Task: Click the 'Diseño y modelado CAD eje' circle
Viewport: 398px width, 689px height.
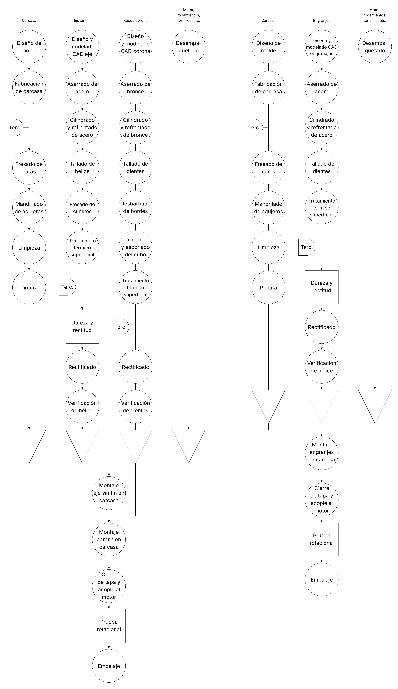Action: pos(82,47)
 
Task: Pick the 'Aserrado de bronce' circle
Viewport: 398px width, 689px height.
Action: pos(136,88)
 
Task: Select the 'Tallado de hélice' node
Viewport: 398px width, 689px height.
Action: pos(82,167)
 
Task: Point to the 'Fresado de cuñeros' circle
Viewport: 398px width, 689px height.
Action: pos(82,208)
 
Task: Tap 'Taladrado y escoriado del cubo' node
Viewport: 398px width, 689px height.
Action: pos(136,247)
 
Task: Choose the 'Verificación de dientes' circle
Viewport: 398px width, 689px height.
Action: pos(136,407)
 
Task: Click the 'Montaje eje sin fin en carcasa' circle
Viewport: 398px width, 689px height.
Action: pos(109,493)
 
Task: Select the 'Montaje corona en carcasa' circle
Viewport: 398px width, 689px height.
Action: pos(109,539)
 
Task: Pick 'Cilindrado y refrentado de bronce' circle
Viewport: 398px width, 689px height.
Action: pos(136,128)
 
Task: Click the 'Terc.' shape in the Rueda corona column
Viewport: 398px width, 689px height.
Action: pos(120,327)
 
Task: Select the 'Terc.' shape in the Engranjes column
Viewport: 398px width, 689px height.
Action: pos(306,247)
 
